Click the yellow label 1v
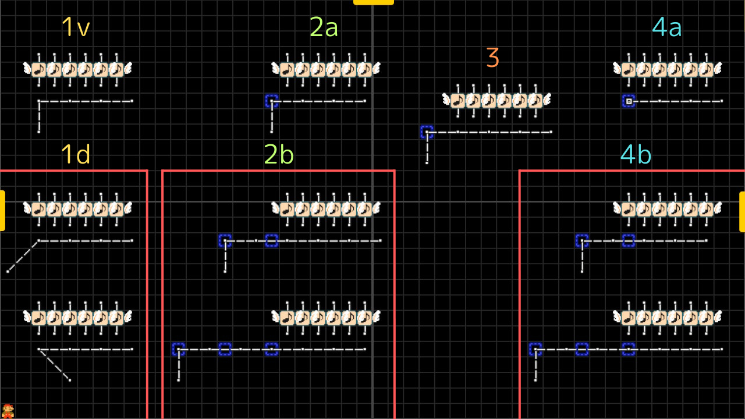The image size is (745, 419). pos(76,27)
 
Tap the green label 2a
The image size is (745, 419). pos(324,27)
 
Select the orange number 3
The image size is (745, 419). pos(492,58)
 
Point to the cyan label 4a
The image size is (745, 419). pos(666,27)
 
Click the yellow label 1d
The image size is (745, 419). pos(76,154)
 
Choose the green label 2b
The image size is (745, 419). pos(279,154)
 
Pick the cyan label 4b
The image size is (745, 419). pos(636,154)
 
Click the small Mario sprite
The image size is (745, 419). pos(8,411)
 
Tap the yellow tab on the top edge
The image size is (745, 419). pos(373,2)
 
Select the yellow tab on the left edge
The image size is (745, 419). pos(2,210)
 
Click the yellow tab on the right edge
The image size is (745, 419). pos(742,211)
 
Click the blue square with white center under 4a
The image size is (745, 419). pos(628,101)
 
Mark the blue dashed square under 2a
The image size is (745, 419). pos(271,101)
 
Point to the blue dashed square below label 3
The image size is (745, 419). pos(427,132)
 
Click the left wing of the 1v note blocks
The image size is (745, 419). pos(27,69)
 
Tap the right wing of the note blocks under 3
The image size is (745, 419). pos(547,100)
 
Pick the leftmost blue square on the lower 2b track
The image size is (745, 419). pos(178,349)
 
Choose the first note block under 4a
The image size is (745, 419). pos(628,70)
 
